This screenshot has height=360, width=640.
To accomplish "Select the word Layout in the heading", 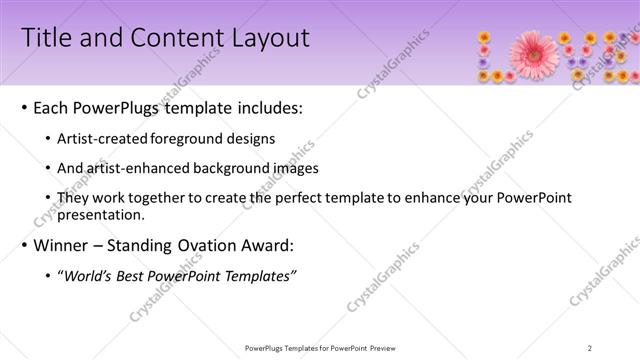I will click(x=270, y=38).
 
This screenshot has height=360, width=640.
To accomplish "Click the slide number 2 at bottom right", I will click(x=590, y=347).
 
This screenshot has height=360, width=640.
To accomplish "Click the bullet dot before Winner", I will click(x=23, y=246).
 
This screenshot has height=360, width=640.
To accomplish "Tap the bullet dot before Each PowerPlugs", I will click(x=23, y=106).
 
